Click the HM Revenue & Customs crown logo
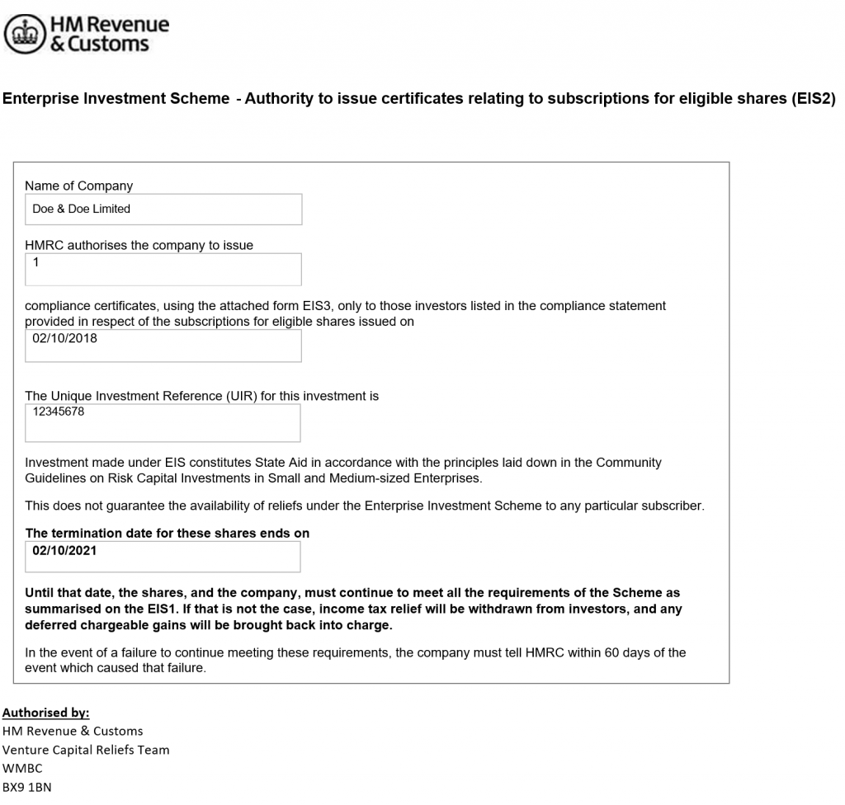pyautogui.click(x=26, y=35)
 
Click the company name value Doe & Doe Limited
pyautogui.click(x=81, y=209)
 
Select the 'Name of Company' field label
pyautogui.click(x=78, y=186)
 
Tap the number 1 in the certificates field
pyautogui.click(x=36, y=262)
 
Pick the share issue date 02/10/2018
pyautogui.click(x=64, y=337)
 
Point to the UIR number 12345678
pyautogui.click(x=58, y=411)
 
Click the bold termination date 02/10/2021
pyautogui.click(x=64, y=550)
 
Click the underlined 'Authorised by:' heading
pyautogui.click(x=45, y=713)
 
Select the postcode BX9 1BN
pyautogui.click(x=26, y=787)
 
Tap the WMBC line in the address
pyautogui.click(x=22, y=769)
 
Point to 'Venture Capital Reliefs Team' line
pyautogui.click(x=86, y=750)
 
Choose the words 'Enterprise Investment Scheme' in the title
pyautogui.click(x=116, y=99)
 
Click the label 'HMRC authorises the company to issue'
pyautogui.click(x=139, y=245)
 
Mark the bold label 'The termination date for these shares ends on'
pyautogui.click(x=168, y=533)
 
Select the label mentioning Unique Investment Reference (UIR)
pyautogui.click(x=201, y=396)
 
